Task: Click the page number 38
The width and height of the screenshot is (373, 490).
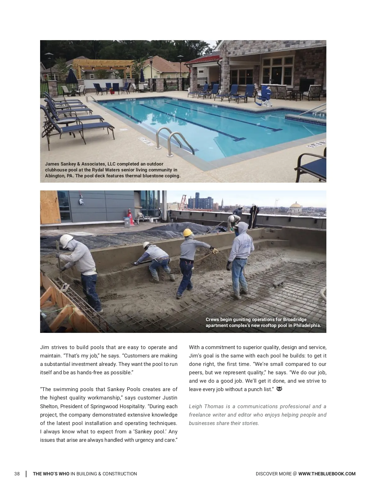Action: click(17, 474)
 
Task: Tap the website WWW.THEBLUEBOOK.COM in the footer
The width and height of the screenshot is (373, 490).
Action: click(327, 474)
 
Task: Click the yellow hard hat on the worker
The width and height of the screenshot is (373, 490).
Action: click(187, 232)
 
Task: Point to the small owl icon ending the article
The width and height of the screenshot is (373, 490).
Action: click(279, 389)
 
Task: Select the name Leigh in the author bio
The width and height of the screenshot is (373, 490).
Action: click(195, 406)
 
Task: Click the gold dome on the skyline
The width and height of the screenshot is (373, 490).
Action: click(295, 206)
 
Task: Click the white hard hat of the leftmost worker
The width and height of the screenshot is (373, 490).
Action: click(67, 240)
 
